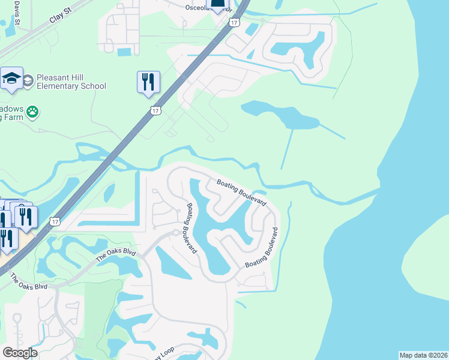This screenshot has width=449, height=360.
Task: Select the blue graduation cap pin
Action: click(11, 79)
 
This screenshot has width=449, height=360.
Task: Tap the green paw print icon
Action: click(32, 111)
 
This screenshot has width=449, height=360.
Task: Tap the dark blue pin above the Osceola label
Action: click(220, 4)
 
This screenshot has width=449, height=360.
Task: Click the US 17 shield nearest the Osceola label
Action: click(235, 22)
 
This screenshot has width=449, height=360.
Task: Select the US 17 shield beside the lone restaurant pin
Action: click(155, 110)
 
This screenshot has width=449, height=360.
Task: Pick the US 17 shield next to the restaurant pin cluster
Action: click(55, 221)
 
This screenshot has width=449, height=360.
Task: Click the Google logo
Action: click(20, 352)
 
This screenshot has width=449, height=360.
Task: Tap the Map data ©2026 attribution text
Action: click(423, 355)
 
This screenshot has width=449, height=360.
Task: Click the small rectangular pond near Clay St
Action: click(124, 52)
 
